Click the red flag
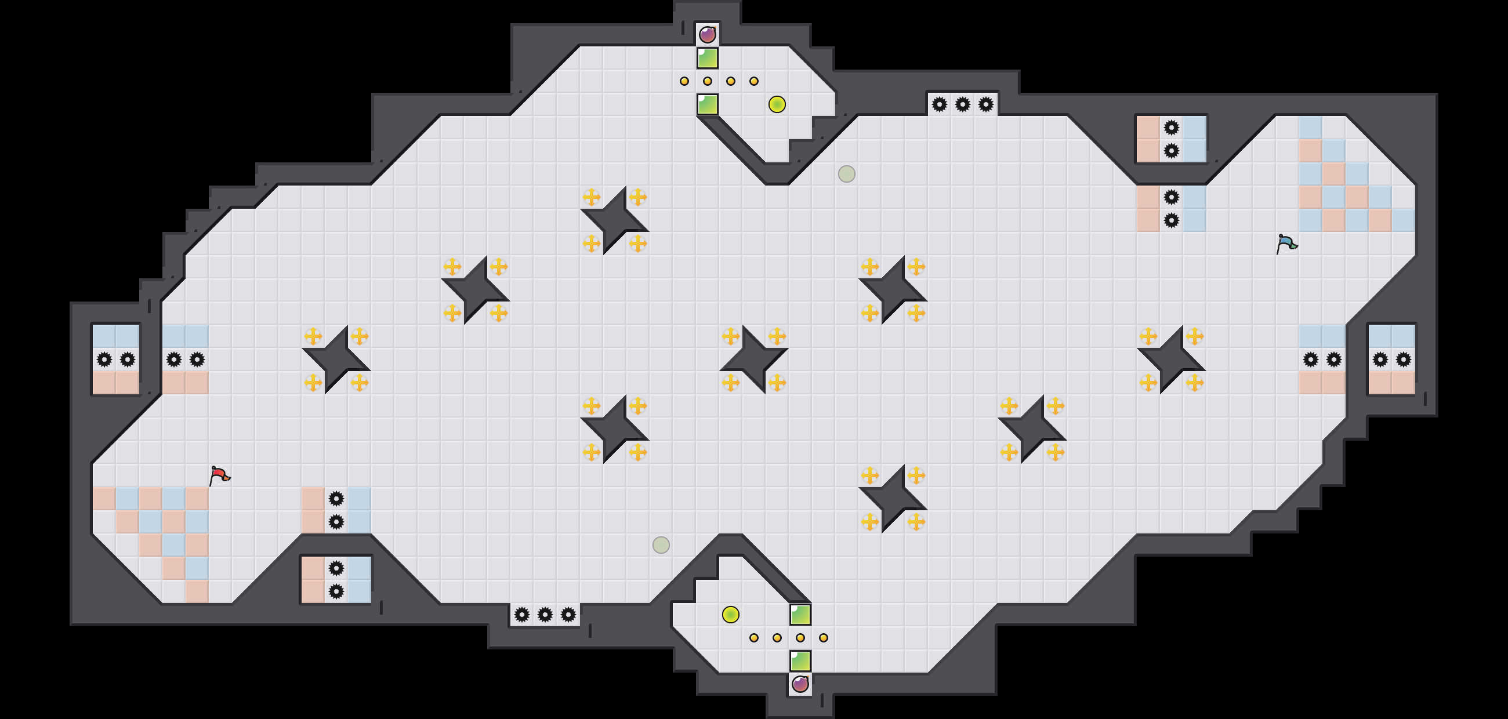click(219, 475)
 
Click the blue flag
click(1286, 244)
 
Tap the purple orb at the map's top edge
click(707, 35)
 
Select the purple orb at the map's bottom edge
click(800, 683)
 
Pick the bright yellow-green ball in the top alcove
click(777, 104)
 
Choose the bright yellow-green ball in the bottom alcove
click(731, 614)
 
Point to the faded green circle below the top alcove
click(846, 174)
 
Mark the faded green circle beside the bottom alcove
click(661, 544)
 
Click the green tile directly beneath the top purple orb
click(707, 58)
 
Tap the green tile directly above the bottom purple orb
click(800, 660)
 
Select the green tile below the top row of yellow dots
click(707, 104)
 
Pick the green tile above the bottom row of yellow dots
click(800, 614)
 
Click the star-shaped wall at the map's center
click(753, 359)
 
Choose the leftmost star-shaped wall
click(336, 359)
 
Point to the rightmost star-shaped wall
click(1171, 359)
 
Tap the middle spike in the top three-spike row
click(962, 105)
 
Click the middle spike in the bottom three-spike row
click(545, 614)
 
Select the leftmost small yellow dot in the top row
click(684, 81)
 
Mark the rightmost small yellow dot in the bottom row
click(823, 638)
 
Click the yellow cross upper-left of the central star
click(731, 336)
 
